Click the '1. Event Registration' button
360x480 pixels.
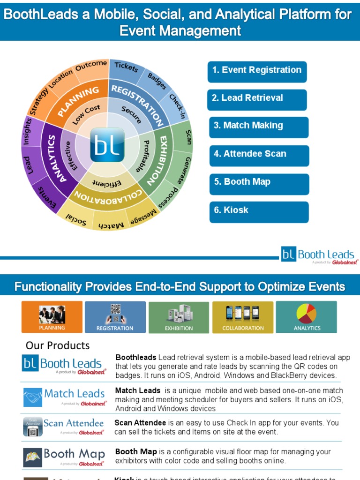pyautogui.click(x=257, y=71)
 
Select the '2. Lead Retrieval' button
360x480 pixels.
pyautogui.click(x=257, y=99)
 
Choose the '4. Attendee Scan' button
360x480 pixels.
pyautogui.click(x=259, y=155)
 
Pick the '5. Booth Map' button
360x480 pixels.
pyautogui.click(x=259, y=183)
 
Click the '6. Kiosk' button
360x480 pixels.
pyautogui.click(x=259, y=211)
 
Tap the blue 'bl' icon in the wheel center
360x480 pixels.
pyautogui.click(x=107, y=145)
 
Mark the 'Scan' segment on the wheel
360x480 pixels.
pyautogui.click(x=188, y=136)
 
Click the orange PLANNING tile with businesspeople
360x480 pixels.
pyautogui.click(x=52, y=317)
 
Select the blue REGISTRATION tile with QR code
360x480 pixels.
pyautogui.click(x=115, y=317)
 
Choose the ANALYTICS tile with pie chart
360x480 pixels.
pyautogui.click(x=307, y=317)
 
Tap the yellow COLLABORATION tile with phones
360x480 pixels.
pyautogui.click(x=243, y=317)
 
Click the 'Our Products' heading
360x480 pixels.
pyautogui.click(x=58, y=345)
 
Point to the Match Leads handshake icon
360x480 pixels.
pyautogui.click(x=33, y=397)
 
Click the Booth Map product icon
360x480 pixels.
pyautogui.click(x=33, y=457)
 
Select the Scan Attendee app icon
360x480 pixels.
pyautogui.click(x=33, y=427)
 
